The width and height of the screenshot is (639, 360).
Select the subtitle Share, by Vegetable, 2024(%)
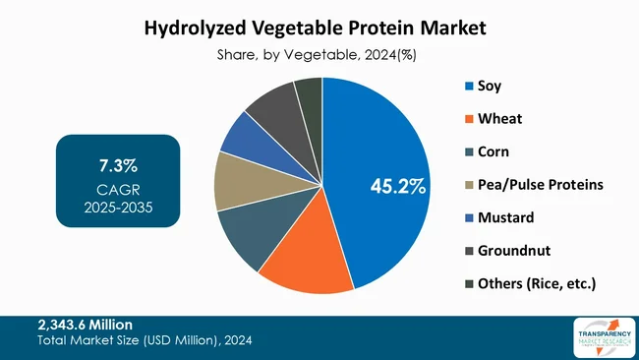[316, 56]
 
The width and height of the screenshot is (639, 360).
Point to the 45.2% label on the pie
[397, 186]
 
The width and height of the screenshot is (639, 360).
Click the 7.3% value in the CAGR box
[118, 163]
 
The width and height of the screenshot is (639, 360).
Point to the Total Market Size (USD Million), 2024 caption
[144, 341]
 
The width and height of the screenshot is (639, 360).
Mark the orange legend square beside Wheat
[468, 120]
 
